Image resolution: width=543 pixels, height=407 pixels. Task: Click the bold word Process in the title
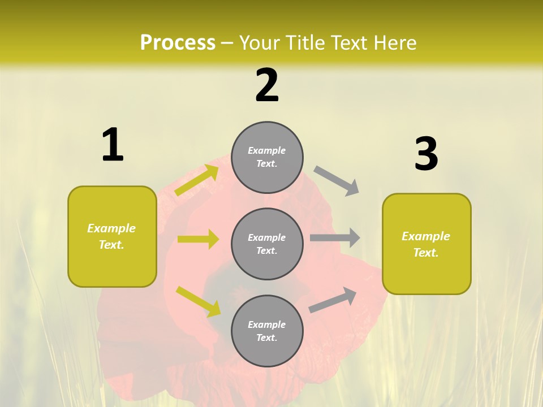(x=178, y=43)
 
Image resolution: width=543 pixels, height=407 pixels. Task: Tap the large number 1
(x=113, y=145)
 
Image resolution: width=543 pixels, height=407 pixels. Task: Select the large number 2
(x=267, y=85)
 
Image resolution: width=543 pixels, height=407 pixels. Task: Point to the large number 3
(x=426, y=154)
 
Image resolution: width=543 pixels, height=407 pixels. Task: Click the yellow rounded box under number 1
(x=112, y=266)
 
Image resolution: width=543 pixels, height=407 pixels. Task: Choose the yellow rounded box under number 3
(x=426, y=274)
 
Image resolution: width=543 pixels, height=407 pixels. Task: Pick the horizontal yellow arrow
(x=198, y=239)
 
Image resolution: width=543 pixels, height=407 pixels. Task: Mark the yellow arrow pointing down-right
(x=198, y=301)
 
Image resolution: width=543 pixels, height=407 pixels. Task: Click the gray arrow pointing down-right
(x=337, y=181)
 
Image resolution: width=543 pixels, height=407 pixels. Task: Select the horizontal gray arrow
(x=335, y=237)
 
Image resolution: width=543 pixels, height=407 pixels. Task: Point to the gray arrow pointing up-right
(x=333, y=300)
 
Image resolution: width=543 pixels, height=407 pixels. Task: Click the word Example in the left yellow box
(x=111, y=228)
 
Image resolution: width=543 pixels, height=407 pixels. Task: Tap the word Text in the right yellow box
(x=425, y=253)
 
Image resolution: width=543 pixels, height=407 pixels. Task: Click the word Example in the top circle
(x=266, y=150)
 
